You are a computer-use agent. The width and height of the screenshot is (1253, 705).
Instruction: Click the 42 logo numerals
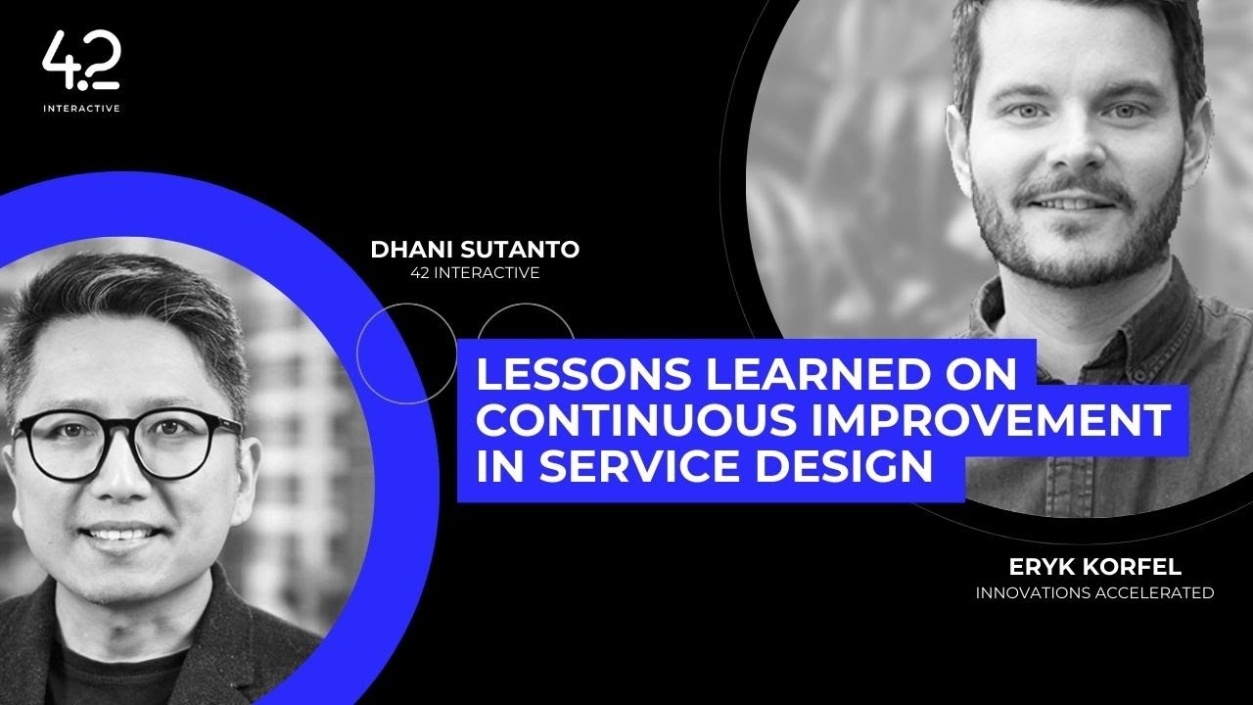click(x=81, y=62)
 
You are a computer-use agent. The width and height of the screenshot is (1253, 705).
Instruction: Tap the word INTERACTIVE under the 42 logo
click(x=81, y=109)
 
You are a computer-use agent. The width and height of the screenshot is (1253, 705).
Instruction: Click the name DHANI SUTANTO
click(x=475, y=250)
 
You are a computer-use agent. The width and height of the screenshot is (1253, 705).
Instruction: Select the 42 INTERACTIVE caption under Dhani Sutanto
click(x=475, y=273)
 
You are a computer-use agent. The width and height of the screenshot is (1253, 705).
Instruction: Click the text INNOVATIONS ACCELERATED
click(x=1094, y=592)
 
